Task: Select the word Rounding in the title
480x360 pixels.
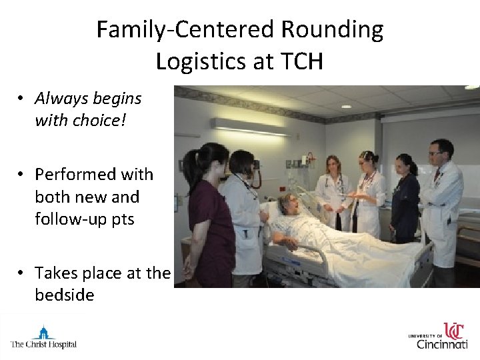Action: pyautogui.click(x=332, y=29)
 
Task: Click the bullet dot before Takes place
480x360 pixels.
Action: pyautogui.click(x=22, y=273)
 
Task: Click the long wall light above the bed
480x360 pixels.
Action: pyautogui.click(x=249, y=127)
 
